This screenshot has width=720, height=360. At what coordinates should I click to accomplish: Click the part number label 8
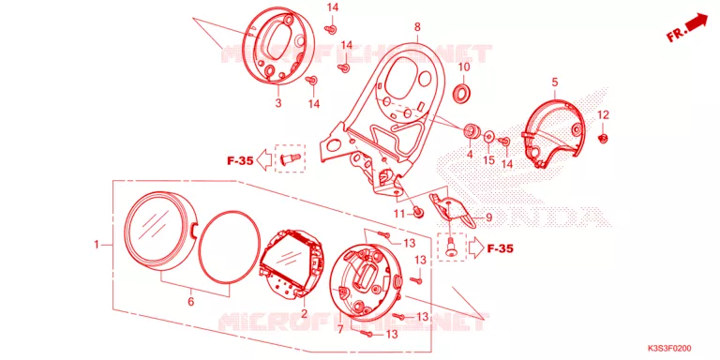click(417, 27)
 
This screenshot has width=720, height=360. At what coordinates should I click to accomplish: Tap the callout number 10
click(464, 67)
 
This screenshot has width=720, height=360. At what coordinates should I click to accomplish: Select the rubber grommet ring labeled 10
click(462, 92)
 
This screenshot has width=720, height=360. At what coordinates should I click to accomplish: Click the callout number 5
click(555, 82)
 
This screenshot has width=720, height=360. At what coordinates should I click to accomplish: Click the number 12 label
click(604, 114)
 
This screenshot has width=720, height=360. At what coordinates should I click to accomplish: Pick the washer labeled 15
click(489, 135)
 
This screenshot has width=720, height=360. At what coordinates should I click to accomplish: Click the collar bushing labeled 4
click(472, 131)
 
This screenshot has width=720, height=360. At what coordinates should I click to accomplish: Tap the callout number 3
click(278, 103)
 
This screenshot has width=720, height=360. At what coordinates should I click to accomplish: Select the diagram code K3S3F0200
click(672, 349)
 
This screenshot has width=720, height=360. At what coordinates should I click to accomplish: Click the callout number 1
click(97, 245)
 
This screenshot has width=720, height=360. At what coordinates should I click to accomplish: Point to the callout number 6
click(191, 302)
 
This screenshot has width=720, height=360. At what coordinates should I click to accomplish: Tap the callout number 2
click(304, 314)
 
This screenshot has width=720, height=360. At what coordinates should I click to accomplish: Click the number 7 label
click(340, 329)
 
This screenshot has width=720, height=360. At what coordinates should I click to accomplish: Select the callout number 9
click(488, 217)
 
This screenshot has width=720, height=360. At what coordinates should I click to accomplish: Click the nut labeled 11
click(418, 213)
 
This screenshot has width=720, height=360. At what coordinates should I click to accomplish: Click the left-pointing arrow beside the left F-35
click(264, 160)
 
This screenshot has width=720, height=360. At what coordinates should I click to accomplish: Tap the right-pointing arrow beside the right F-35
click(476, 248)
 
